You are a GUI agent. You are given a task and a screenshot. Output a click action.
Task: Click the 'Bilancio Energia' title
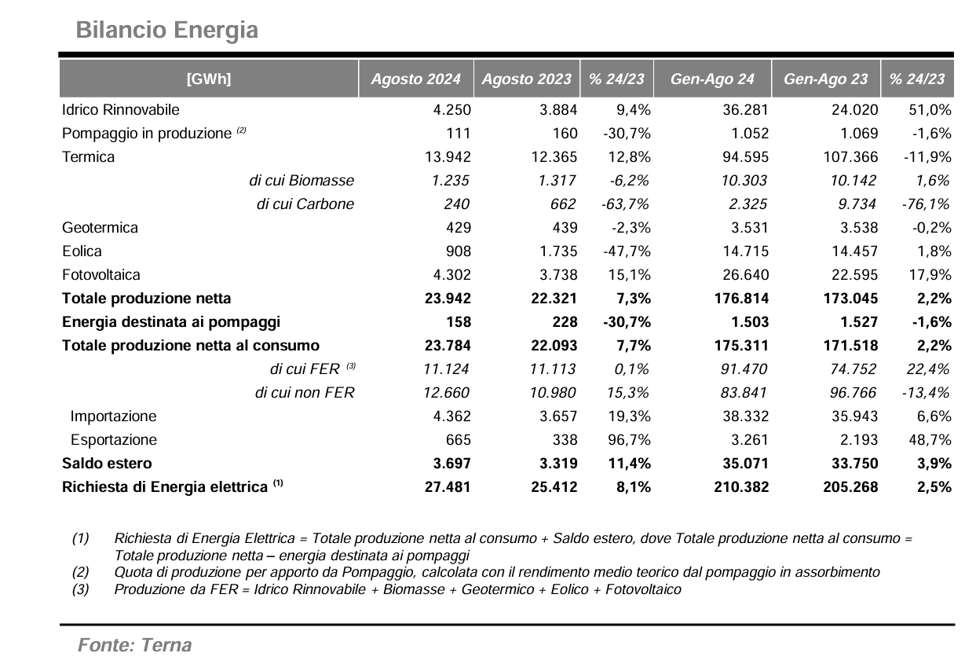[166, 30]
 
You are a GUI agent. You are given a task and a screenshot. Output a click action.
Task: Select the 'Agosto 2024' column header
[415, 79]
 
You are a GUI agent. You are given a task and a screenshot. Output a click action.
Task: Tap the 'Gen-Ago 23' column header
[825, 79]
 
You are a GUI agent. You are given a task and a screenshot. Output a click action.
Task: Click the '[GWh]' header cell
[209, 79]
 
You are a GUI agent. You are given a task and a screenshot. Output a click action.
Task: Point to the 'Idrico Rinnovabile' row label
[121, 110]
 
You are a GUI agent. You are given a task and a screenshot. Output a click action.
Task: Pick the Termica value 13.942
[448, 157]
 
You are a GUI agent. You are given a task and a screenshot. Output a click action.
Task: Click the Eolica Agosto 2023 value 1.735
[558, 251]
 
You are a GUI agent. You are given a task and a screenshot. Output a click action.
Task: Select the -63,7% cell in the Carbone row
[625, 204]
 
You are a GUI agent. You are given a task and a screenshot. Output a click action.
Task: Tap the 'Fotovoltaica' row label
[101, 275]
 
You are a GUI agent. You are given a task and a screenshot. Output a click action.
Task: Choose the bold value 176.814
[741, 299]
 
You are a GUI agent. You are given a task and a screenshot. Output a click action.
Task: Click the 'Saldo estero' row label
[107, 464]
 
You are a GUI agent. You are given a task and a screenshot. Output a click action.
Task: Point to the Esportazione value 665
[459, 440]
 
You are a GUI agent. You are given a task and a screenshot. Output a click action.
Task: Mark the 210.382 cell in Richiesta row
[741, 487]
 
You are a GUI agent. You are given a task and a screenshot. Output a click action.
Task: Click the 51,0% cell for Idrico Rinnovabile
[930, 110]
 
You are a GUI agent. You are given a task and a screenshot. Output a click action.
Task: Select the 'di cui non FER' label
[305, 393]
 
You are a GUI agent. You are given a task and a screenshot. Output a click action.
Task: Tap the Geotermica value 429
[459, 228]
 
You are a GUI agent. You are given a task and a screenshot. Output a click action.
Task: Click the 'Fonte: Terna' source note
[135, 645]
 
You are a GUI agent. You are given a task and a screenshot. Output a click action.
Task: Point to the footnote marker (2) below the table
[81, 572]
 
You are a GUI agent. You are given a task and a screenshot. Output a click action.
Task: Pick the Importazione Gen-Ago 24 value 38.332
[746, 416]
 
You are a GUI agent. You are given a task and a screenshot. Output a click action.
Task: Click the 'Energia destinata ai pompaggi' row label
[171, 322]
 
